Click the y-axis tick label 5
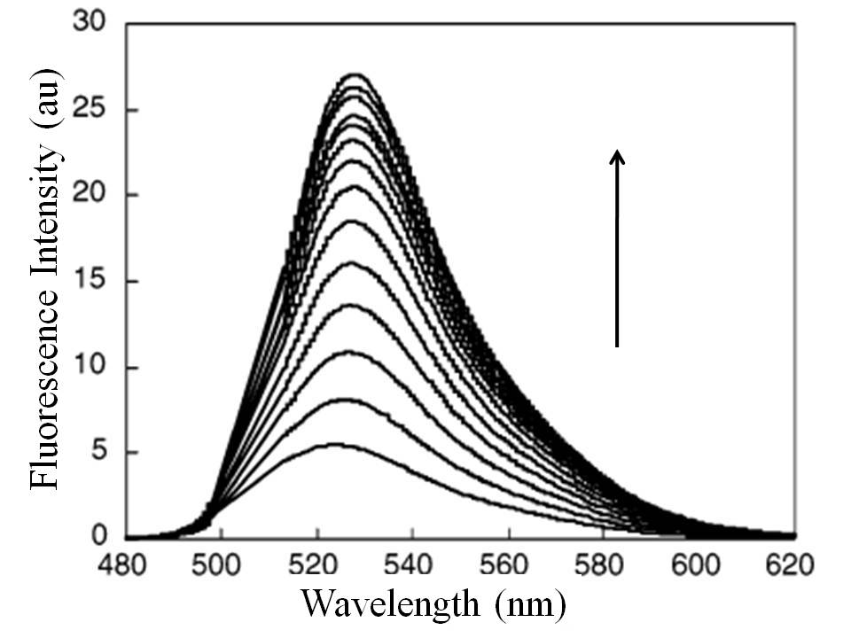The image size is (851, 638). click(x=101, y=452)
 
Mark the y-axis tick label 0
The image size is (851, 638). click(x=101, y=537)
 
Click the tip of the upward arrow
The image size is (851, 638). click(x=617, y=152)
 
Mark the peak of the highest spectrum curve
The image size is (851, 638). click(x=356, y=74)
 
